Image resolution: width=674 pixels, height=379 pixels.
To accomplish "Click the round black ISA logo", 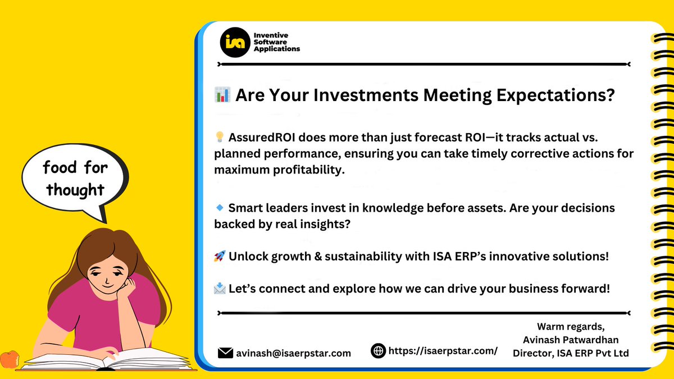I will [235, 42].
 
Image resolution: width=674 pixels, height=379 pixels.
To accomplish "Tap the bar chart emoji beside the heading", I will [222, 95].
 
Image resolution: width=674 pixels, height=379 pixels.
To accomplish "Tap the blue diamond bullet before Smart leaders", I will [220, 208].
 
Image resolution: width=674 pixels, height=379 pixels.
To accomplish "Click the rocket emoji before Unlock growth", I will [220, 257].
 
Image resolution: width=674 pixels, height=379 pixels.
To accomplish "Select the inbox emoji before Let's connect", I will [220, 289].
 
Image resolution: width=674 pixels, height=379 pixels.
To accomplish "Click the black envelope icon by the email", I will [225, 353].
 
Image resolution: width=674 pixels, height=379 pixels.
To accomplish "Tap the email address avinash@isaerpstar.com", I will [294, 353].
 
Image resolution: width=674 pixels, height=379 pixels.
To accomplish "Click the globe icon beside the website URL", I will [379, 351].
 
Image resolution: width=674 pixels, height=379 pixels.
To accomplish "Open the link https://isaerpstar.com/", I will [443, 351].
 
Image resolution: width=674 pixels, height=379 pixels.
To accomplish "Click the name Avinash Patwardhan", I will [571, 339].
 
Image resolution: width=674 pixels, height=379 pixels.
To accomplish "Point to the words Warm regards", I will [571, 326].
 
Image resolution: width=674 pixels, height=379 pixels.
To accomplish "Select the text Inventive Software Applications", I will [277, 42].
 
